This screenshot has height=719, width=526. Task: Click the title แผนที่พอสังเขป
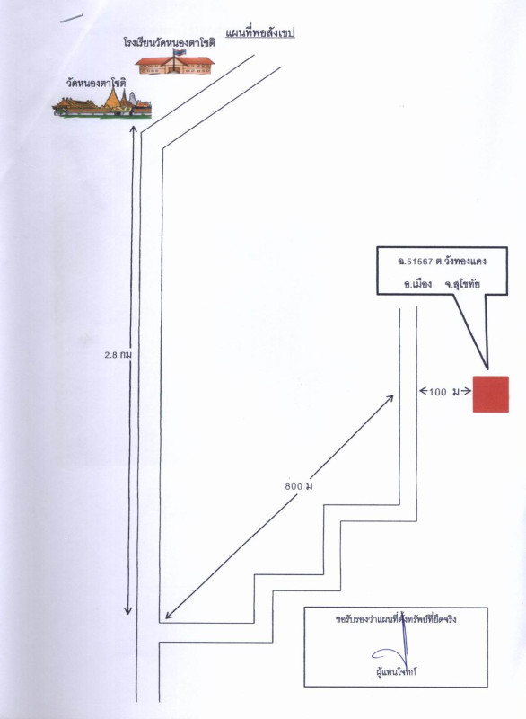(x=259, y=32)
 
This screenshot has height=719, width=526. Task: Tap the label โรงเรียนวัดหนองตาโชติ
(x=169, y=42)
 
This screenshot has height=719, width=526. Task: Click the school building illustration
(x=174, y=65)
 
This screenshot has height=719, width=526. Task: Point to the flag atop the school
(x=180, y=52)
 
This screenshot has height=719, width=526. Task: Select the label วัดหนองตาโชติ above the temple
(x=96, y=84)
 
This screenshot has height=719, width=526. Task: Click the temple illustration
(x=101, y=103)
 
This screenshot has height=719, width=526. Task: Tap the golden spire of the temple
(x=111, y=98)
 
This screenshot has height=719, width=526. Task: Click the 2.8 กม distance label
(x=118, y=354)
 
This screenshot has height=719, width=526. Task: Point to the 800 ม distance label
(x=299, y=485)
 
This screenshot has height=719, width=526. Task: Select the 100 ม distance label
(x=443, y=392)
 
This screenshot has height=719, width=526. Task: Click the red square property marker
(x=491, y=395)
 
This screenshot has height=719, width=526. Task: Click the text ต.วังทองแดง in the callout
(x=460, y=262)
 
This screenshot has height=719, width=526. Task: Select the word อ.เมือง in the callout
(x=417, y=284)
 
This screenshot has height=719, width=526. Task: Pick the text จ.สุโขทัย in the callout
(x=462, y=284)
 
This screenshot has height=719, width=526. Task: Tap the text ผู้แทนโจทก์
(x=396, y=672)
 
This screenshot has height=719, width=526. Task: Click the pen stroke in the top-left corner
(x=72, y=18)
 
